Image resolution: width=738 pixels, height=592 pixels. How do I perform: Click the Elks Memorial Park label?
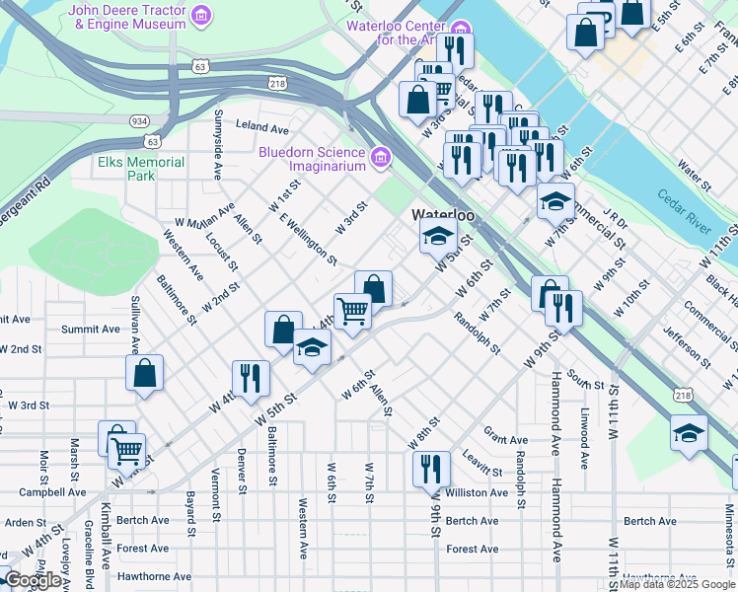[141, 169]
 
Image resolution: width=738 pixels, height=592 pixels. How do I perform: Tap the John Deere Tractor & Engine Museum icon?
[201, 15]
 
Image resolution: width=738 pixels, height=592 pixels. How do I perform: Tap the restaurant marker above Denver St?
[251, 377]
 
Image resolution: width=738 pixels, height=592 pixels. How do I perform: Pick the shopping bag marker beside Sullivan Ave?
[145, 373]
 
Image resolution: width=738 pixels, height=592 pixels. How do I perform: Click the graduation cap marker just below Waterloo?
[438, 235]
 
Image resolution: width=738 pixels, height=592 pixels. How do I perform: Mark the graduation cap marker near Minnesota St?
[688, 432]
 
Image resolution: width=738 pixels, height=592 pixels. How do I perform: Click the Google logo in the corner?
[33, 580]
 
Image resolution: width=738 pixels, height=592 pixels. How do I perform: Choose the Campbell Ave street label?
[52, 491]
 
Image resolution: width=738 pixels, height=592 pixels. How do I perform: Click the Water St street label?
[695, 177]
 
